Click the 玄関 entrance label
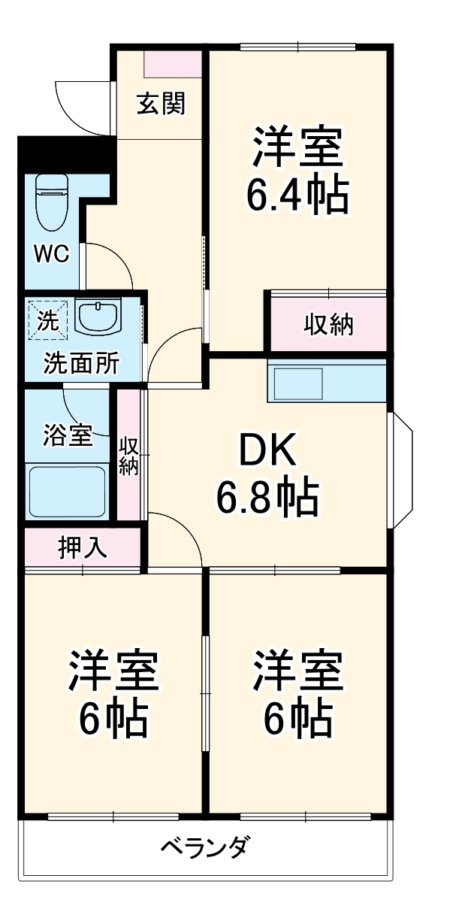[160, 104]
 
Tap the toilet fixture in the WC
[51, 203]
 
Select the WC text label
[51, 254]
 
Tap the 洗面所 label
[80, 363]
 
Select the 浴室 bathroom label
[67, 435]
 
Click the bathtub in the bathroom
[67, 490]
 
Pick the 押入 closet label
[83, 547]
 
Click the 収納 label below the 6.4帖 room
[328, 325]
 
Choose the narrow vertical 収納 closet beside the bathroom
[128, 456]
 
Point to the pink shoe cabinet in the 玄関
[173, 65]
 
